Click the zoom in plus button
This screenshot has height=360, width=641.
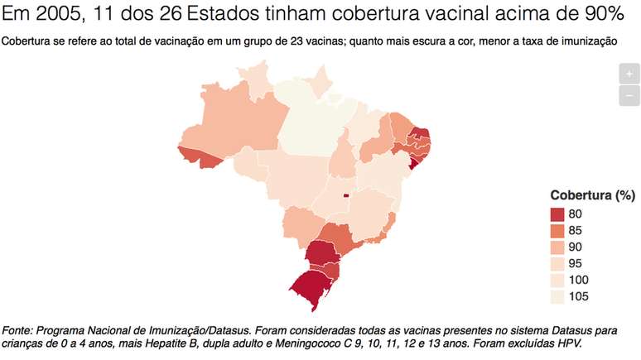(629, 74)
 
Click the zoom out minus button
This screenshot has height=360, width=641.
(629, 95)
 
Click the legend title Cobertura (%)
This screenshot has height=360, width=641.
(592, 195)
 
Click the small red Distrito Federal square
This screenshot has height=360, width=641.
(346, 196)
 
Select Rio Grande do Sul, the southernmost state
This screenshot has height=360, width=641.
(313, 286)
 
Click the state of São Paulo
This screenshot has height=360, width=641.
(340, 235)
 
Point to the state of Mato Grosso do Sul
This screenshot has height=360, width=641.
(302, 223)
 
